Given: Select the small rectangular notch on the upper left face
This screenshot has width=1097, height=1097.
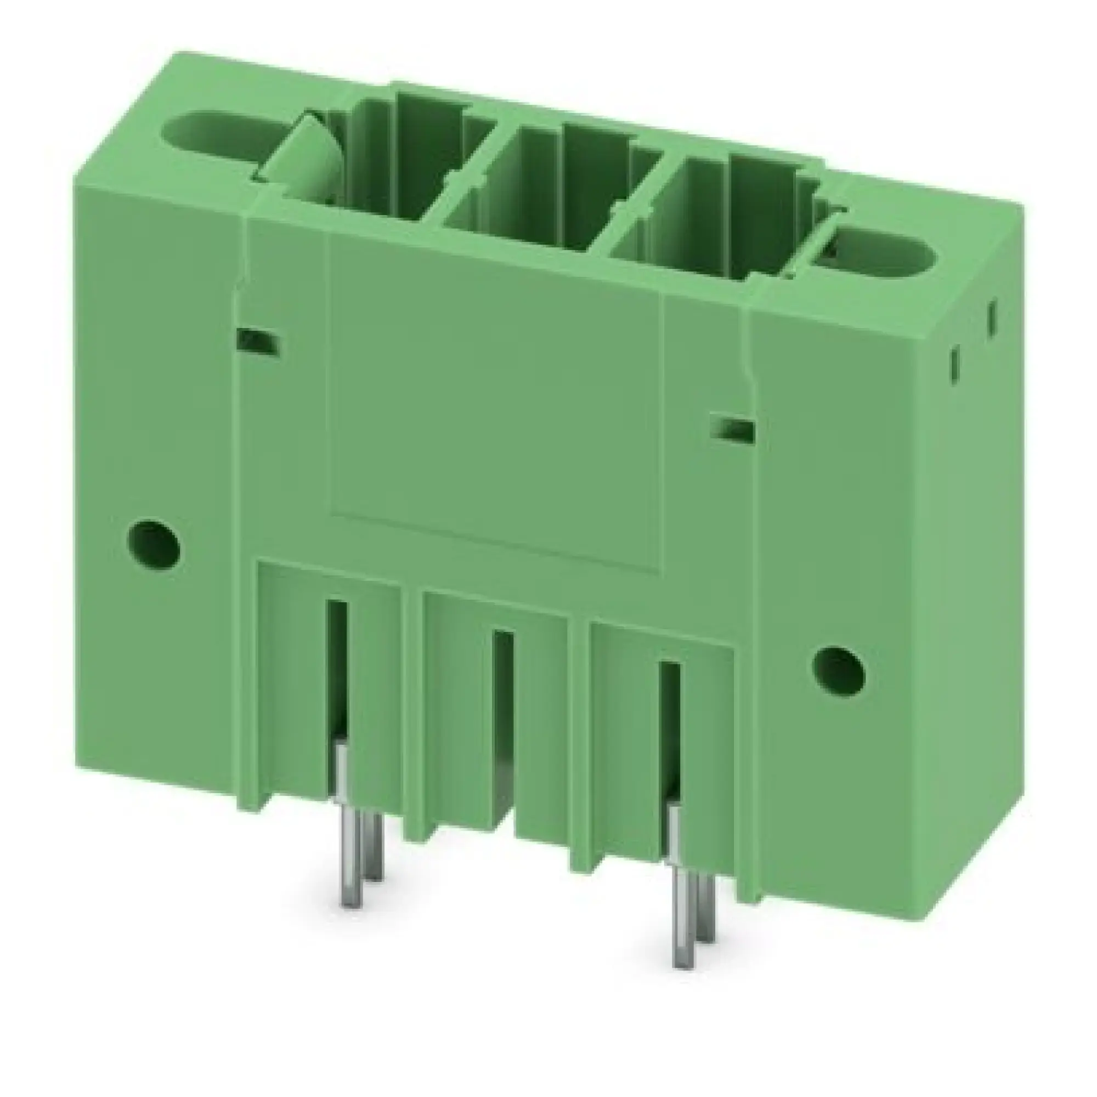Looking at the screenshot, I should pos(258,342).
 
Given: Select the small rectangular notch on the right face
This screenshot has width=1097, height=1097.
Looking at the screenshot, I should pos(733,429).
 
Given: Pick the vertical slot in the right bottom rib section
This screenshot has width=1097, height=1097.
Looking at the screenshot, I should pos(670,727).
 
